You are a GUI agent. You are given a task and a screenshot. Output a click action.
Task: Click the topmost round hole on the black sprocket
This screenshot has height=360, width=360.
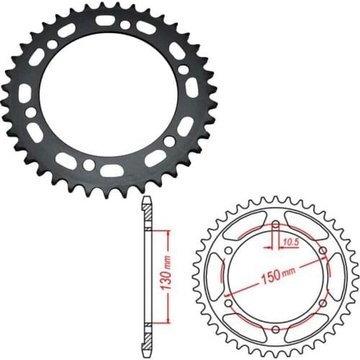125,24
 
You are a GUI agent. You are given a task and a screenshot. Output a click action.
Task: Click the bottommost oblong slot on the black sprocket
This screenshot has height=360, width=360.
111,171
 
